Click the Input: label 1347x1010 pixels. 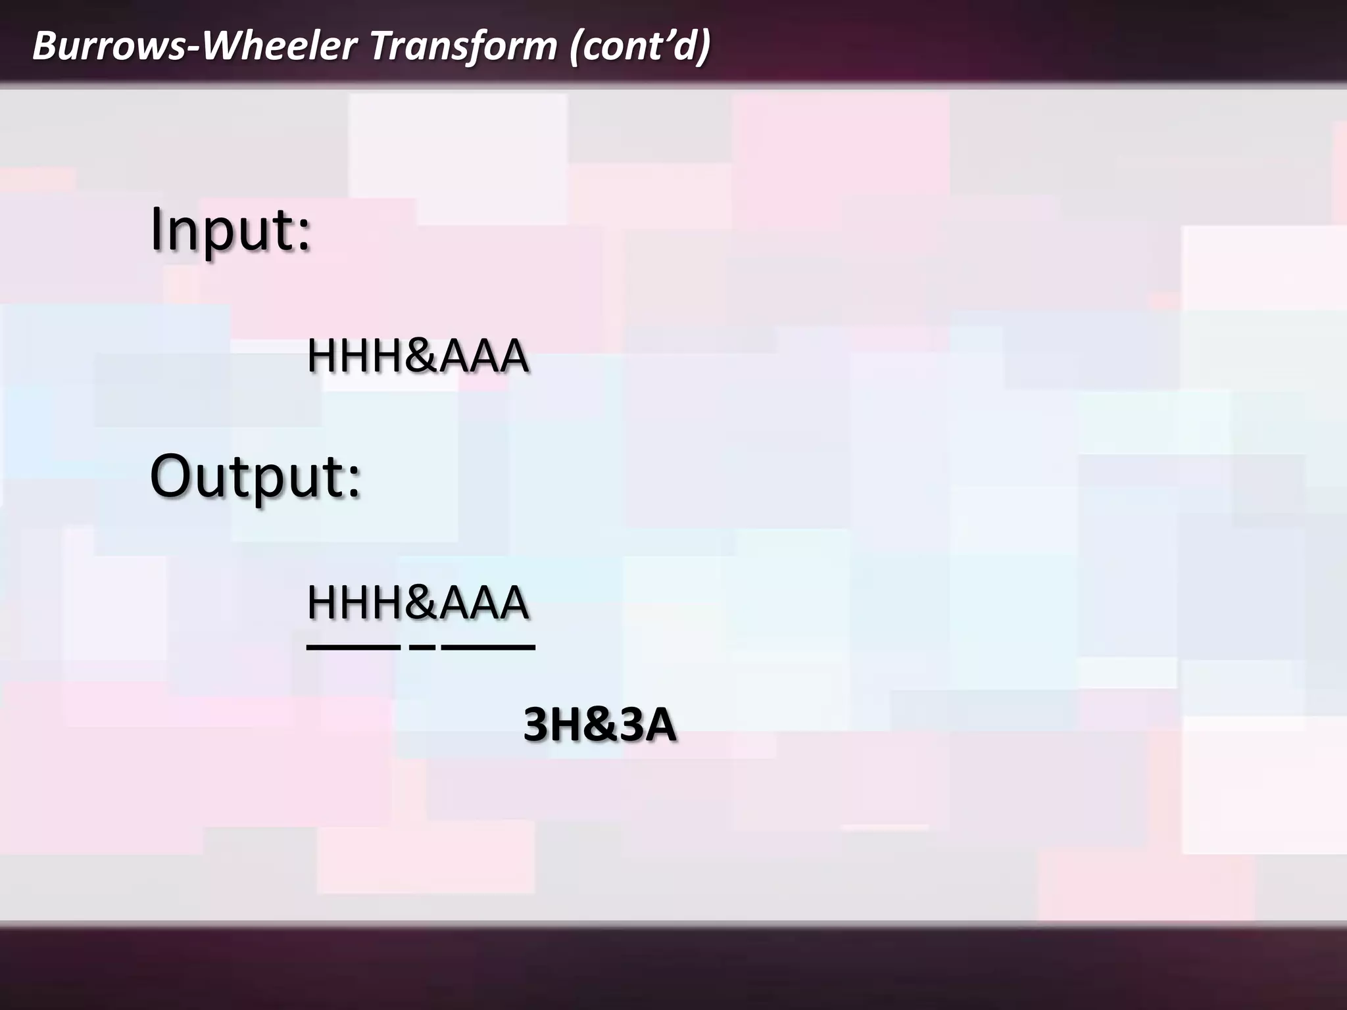click(230, 230)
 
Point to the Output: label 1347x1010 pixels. click(255, 476)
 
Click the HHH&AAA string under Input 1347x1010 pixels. click(418, 356)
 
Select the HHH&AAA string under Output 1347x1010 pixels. click(418, 602)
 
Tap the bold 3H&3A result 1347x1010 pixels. click(599, 725)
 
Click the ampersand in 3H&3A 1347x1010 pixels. click(599, 725)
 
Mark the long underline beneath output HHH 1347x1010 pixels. click(353, 648)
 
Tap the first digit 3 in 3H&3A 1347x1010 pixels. click(538, 725)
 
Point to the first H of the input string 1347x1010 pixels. click(322, 356)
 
